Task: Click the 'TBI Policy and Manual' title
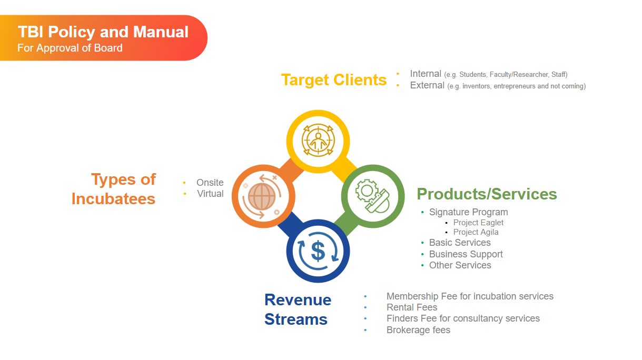point(103,32)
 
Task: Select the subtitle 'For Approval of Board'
point(70,48)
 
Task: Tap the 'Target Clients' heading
point(334,79)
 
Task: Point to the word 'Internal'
point(426,74)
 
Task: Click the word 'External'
point(427,85)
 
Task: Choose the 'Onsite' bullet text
point(210,183)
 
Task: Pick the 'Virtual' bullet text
point(210,194)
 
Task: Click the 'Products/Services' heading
point(487,194)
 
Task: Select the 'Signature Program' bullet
point(469,212)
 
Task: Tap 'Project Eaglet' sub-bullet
point(478,223)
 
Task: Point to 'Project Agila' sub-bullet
point(476,232)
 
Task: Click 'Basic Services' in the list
point(460,243)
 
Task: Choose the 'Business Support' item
point(466,254)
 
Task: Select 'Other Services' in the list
point(460,265)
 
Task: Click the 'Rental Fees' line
point(412,307)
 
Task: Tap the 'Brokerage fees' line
point(419,330)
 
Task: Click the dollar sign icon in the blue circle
point(318,251)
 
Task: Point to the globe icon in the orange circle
point(262,197)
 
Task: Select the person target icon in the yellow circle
point(318,141)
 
